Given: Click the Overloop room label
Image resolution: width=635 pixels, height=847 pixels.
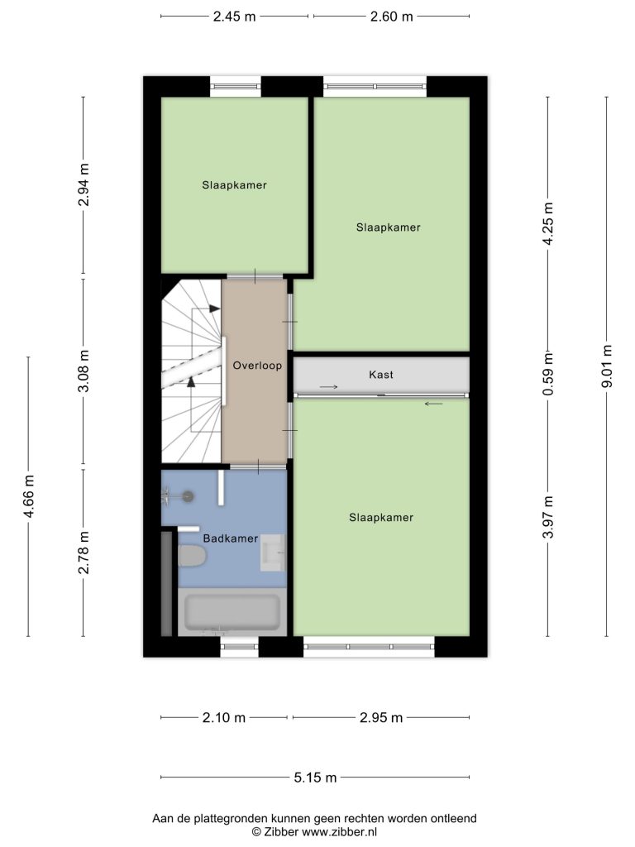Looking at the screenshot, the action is [257, 366].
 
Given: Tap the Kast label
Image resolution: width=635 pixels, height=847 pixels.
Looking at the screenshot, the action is [381, 375].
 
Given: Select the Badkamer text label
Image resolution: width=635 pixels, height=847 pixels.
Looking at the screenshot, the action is [230, 538].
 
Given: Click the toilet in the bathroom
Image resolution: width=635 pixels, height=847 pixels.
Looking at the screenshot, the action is [192, 556].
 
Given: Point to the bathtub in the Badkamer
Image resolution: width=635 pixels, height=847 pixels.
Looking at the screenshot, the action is [232, 612].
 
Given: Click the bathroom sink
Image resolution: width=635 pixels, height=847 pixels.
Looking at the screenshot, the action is [273, 553].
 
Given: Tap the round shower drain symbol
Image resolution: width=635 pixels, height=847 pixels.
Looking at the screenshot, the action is [188, 496].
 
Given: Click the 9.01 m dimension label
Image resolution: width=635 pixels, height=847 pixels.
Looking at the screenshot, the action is [607, 366].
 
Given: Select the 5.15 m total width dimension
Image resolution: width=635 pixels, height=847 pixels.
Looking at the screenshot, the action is [315, 778].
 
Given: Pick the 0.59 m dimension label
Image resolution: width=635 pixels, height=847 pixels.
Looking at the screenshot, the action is [548, 374].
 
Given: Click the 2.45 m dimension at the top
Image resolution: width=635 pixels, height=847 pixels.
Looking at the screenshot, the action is [234, 17].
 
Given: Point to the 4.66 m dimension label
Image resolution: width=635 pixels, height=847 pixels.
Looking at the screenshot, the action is [29, 496].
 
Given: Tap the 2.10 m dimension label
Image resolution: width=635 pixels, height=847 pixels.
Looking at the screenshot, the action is [224, 718].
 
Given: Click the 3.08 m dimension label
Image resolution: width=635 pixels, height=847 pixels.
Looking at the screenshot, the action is [84, 371].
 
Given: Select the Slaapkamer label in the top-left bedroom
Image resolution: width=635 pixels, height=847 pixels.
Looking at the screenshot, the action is [234, 185].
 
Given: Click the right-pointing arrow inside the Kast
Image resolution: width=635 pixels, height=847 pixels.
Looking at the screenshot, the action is [329, 387].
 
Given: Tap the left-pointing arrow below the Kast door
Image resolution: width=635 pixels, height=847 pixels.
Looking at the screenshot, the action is [433, 404].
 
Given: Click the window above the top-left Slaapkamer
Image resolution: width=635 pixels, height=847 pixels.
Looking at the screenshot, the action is [236, 86].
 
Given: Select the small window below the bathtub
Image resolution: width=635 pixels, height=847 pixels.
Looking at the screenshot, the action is [239, 647].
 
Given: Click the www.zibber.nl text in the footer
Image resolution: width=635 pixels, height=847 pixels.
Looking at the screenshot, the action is [339, 832].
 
